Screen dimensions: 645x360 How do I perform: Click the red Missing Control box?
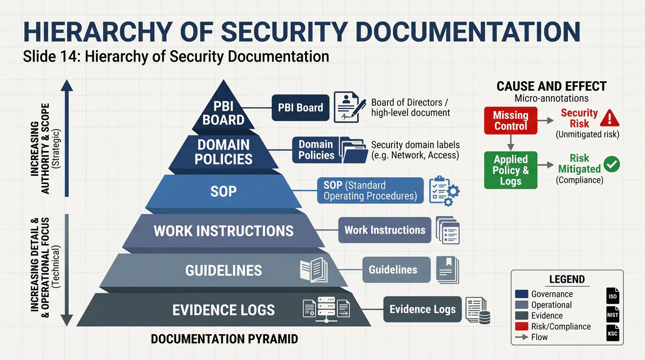(x=511, y=120)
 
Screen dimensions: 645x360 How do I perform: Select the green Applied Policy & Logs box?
(x=511, y=170)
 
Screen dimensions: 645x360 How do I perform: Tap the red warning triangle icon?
(x=610, y=118)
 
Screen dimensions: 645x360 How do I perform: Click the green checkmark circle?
(x=612, y=164)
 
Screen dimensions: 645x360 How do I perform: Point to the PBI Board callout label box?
(x=300, y=108)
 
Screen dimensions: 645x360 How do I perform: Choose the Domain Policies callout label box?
(x=316, y=150)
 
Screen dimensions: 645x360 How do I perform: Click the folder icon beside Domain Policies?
(x=354, y=150)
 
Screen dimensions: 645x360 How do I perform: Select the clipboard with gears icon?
(x=444, y=191)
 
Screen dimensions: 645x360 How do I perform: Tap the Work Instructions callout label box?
(x=385, y=230)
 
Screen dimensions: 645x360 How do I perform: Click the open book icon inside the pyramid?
(x=314, y=270)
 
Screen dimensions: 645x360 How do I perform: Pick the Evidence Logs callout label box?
(x=422, y=309)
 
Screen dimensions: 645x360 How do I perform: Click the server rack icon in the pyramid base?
(x=326, y=309)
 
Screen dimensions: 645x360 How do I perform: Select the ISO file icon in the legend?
(x=612, y=296)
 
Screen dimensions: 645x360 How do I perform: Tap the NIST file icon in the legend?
(x=612, y=314)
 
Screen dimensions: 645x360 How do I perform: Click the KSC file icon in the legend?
(x=612, y=333)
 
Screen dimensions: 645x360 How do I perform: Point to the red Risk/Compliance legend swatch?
(x=521, y=326)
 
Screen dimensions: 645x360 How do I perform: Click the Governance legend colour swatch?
(x=521, y=294)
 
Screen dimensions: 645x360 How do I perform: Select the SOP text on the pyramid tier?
(x=223, y=191)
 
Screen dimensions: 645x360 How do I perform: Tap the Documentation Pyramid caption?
(x=224, y=339)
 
